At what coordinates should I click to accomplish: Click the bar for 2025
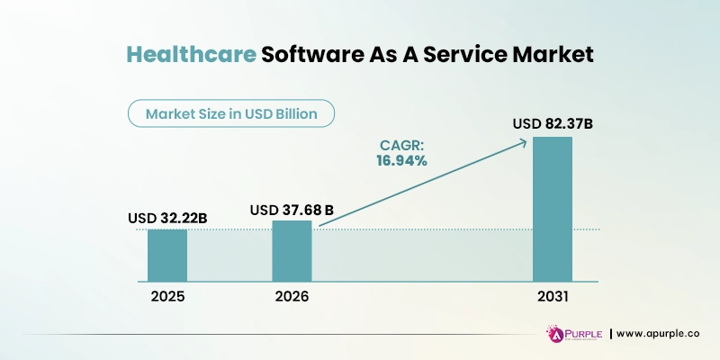[x=167, y=255]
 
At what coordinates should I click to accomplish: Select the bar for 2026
[x=292, y=250]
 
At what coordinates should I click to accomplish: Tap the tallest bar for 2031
[x=552, y=209]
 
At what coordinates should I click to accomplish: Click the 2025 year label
[x=167, y=295]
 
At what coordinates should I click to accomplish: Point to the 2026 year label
[x=292, y=295]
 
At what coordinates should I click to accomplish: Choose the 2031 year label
[x=552, y=295]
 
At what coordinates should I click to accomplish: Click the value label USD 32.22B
[x=167, y=218]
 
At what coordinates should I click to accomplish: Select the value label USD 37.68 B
[x=292, y=210]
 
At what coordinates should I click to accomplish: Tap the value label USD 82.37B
[x=552, y=124]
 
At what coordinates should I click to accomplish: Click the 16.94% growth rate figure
[x=400, y=160]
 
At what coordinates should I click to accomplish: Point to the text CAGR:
[x=400, y=144]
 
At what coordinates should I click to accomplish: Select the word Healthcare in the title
[x=190, y=55]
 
